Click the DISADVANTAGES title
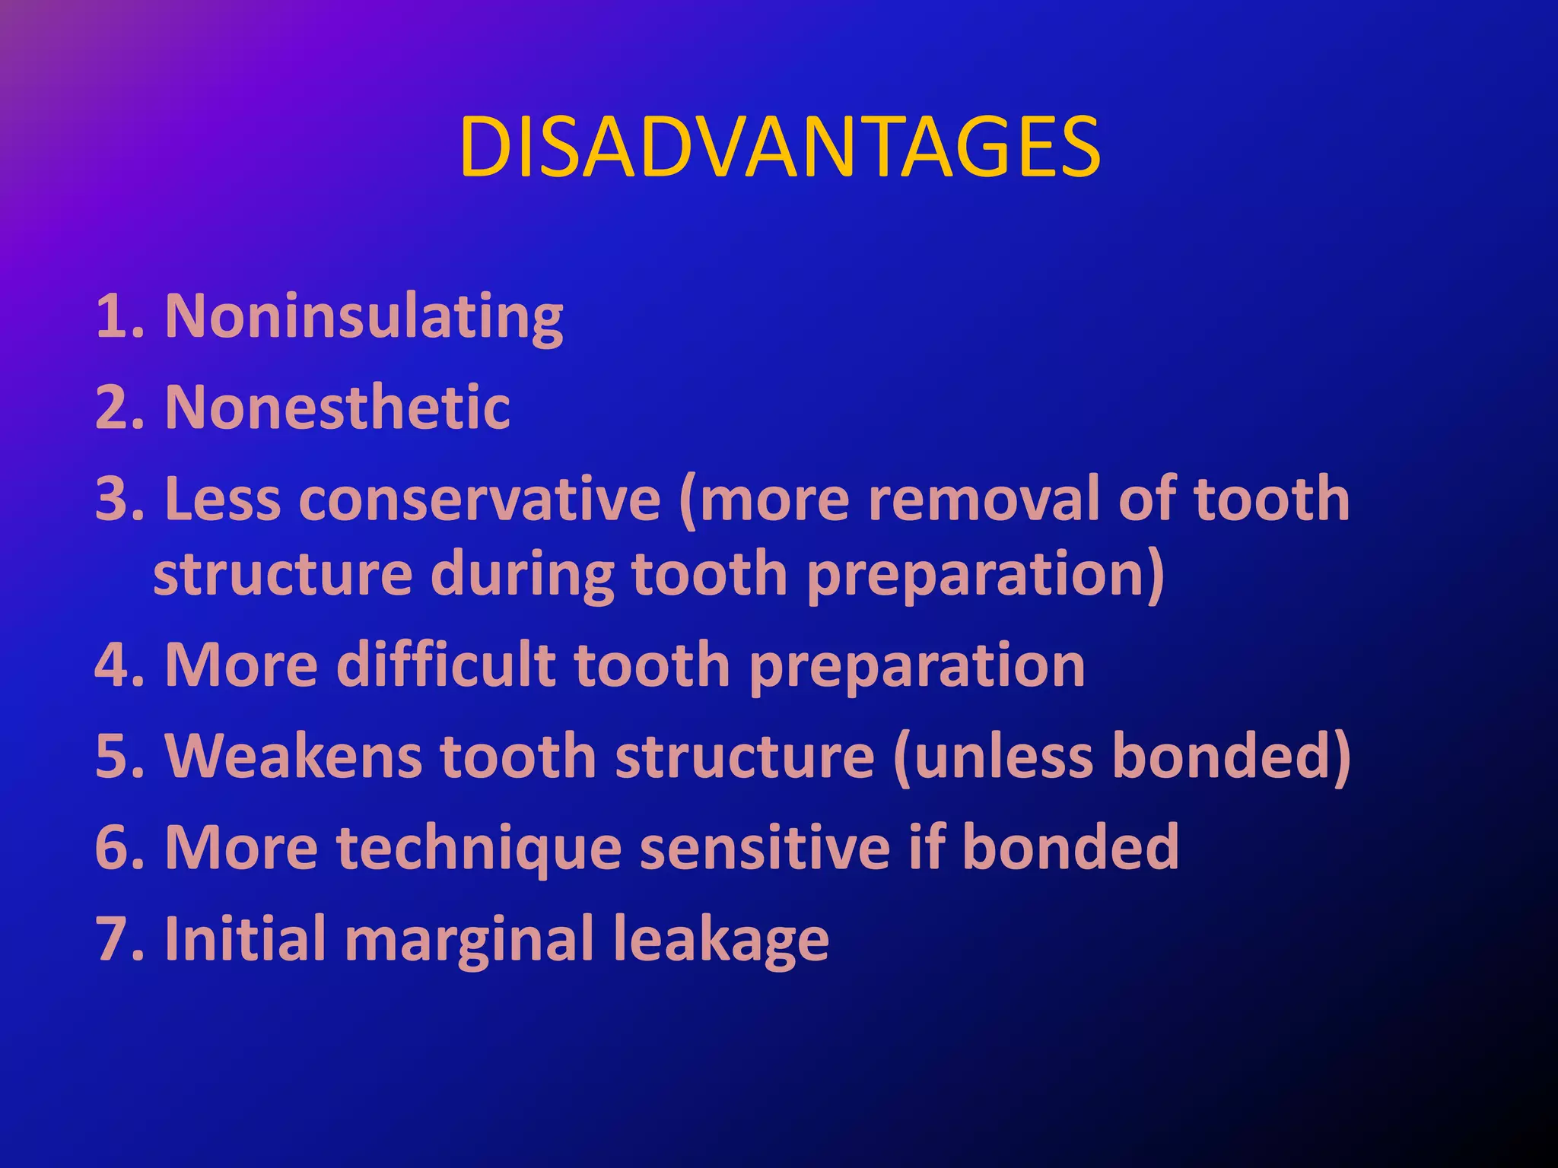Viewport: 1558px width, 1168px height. click(779, 148)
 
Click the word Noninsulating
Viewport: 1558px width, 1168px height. click(364, 317)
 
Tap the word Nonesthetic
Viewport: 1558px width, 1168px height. click(337, 408)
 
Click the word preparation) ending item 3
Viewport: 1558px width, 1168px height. click(985, 576)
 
